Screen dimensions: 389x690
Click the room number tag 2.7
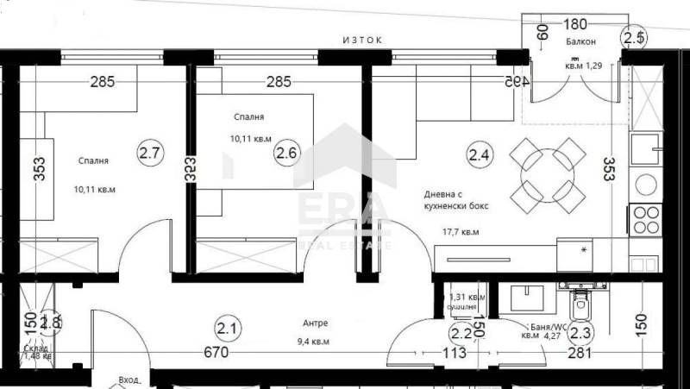tap(150, 154)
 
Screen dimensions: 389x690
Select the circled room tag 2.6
tap(285, 154)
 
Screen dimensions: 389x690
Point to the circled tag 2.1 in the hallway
tap(228, 329)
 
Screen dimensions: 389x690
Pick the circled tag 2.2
tap(461, 333)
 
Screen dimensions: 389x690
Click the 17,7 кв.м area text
tap(461, 231)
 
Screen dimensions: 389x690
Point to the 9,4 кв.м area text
tap(313, 341)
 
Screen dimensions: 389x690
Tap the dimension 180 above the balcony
tap(576, 24)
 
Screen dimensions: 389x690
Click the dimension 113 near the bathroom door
tap(454, 353)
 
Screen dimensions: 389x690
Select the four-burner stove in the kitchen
tap(646, 220)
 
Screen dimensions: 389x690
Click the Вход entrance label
tap(129, 380)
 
